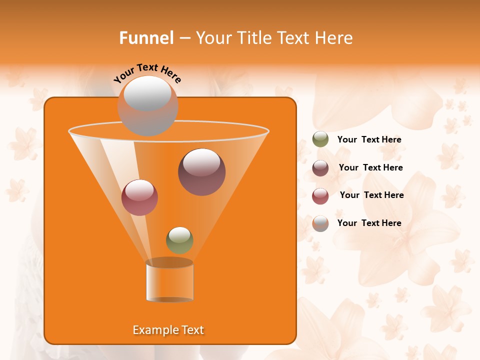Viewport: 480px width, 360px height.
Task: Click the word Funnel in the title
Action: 146,38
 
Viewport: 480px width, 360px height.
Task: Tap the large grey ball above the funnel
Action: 147,105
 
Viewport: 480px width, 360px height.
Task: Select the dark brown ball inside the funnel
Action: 201,171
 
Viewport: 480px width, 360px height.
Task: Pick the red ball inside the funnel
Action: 139,197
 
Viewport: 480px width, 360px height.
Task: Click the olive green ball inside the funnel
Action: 179,240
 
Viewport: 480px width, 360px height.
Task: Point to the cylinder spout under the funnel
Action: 169,281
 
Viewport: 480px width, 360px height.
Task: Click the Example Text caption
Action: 168,330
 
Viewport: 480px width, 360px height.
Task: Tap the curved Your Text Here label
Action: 147,72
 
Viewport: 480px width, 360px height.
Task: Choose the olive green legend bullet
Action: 320,139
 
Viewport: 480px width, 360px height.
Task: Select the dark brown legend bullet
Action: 320,167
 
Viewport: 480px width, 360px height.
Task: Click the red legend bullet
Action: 320,195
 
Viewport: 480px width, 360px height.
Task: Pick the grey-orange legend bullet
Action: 320,223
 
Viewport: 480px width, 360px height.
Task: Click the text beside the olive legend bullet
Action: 369,139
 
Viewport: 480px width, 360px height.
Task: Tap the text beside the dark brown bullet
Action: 370,167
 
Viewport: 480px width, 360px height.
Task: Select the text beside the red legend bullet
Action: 371,195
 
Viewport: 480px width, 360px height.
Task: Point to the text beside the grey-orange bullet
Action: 369,223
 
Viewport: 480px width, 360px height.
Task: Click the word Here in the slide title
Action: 334,38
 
